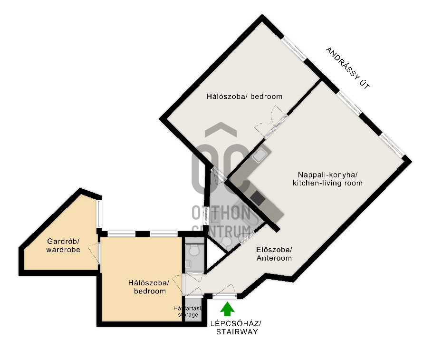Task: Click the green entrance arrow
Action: click(x=227, y=309)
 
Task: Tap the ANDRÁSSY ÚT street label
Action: click(x=347, y=68)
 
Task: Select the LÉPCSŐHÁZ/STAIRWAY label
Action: click(x=237, y=328)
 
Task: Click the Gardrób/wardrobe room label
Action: click(x=63, y=245)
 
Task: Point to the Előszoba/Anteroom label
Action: click(x=274, y=254)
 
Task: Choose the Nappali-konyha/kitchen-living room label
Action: click(x=327, y=179)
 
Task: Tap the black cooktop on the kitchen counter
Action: click(x=258, y=198)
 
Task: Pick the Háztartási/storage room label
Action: click(x=188, y=311)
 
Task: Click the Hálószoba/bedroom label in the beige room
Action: click(x=149, y=287)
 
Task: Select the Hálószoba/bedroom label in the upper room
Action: click(x=244, y=97)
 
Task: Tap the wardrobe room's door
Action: click(x=95, y=253)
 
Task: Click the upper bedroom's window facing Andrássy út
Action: click(x=294, y=48)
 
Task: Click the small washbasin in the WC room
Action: click(x=188, y=264)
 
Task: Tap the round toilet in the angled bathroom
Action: click(x=226, y=242)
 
